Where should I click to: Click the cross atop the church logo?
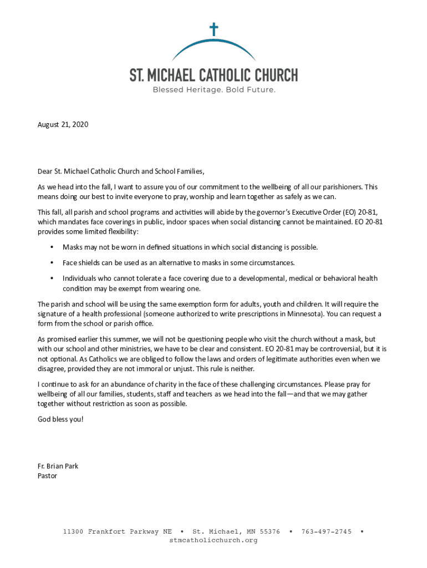213,29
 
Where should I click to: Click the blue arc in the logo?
213,45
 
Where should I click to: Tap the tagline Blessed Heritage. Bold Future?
213,89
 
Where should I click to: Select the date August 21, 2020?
63,124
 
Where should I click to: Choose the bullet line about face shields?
179,262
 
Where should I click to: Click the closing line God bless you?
60,419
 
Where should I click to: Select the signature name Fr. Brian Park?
58,466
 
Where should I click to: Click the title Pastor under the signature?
47,476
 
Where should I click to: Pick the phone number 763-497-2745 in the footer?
327,531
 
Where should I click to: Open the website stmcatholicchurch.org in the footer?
213,540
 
